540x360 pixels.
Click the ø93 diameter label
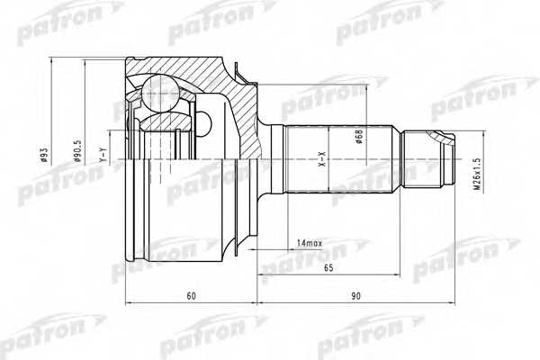(x=43, y=155)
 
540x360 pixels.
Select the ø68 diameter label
(x=359, y=137)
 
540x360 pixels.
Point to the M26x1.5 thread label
(x=476, y=174)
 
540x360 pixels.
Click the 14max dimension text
(x=310, y=243)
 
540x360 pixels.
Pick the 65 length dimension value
(x=328, y=267)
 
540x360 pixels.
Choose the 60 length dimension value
(x=191, y=295)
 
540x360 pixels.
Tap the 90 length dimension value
(x=355, y=295)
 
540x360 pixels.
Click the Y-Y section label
(x=103, y=155)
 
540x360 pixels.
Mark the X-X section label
(x=323, y=159)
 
